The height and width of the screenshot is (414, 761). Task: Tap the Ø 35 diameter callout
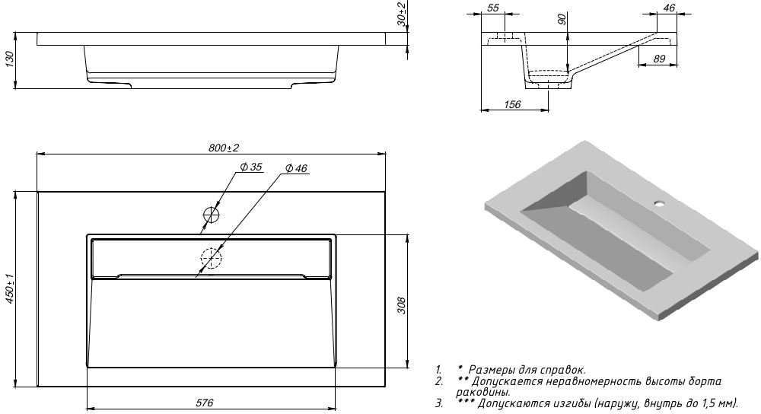click(250, 167)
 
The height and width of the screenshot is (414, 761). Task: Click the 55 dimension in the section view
click(492, 8)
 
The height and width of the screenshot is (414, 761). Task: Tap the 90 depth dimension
click(562, 21)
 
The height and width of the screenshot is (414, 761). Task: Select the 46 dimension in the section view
click(670, 8)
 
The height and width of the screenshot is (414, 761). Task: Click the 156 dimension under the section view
click(513, 104)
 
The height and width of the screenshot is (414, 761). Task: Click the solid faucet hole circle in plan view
click(211, 215)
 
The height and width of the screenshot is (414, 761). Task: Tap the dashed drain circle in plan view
click(211, 259)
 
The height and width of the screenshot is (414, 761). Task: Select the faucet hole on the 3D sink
click(660, 204)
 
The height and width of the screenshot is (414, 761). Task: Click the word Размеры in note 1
click(489, 369)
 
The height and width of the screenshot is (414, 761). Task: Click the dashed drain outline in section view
click(549, 77)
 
